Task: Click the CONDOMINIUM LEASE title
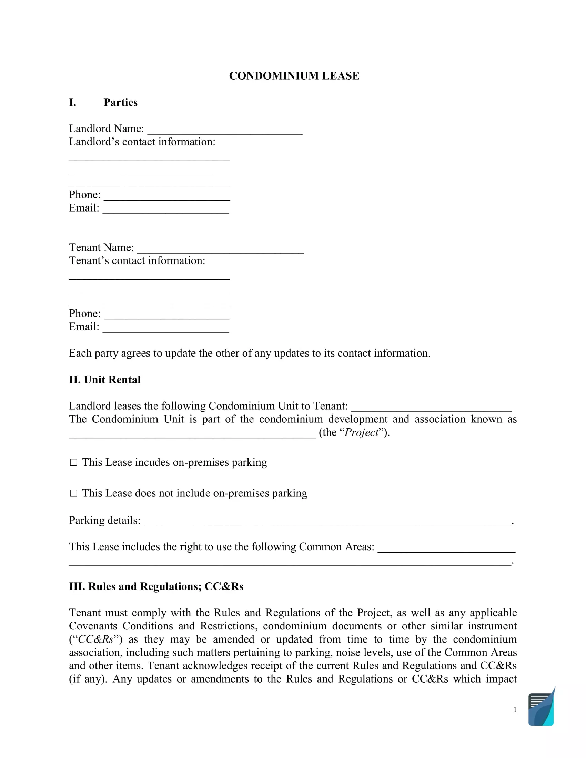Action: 294,76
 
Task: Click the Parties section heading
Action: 120,102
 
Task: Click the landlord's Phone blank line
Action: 166,196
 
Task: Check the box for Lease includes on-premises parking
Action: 73,462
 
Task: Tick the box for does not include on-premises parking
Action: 73,493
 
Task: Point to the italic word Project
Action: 361,432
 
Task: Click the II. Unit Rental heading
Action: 104,380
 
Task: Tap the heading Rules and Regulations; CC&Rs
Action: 156,586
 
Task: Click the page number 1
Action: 515,710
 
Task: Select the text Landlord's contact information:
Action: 142,142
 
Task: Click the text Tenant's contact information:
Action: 137,261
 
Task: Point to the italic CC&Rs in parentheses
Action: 96,639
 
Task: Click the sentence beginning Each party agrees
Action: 249,353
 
